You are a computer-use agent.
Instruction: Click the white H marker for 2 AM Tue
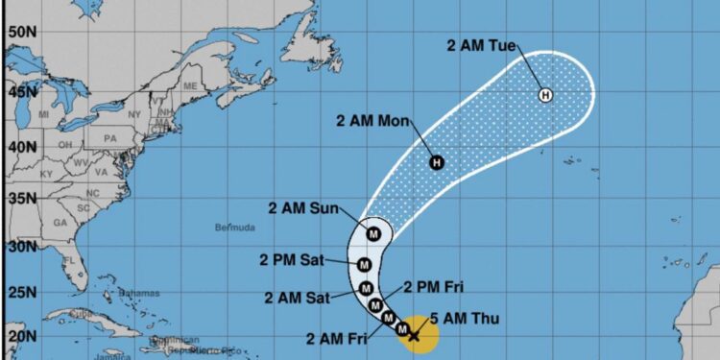545,94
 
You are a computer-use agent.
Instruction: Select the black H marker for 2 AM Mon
437,162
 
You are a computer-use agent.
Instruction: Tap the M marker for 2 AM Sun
375,231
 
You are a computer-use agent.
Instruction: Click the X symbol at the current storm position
414,335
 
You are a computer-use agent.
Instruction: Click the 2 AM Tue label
482,43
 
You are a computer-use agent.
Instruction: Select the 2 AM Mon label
374,121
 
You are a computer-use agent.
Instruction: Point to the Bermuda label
235,228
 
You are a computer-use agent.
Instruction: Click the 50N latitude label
18,32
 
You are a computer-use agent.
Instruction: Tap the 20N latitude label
18,336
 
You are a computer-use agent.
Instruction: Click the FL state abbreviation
68,260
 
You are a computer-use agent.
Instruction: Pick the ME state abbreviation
189,85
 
